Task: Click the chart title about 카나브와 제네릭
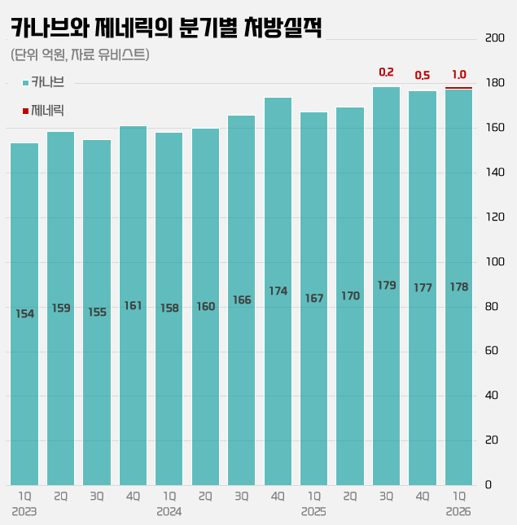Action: [167, 28]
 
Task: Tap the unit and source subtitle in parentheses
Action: [81, 55]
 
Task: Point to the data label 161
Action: [133, 306]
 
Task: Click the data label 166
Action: [242, 300]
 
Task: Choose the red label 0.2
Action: [387, 72]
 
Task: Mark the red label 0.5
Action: [423, 76]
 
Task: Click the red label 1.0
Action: [458, 75]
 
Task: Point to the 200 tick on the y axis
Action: [494, 39]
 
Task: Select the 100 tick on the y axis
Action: [494, 262]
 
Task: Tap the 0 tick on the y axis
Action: [489, 485]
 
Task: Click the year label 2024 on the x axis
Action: [169, 512]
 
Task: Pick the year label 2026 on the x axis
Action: [458, 512]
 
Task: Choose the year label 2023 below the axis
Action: [24, 512]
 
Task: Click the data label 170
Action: [350, 296]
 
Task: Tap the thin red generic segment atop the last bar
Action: [458, 88]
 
